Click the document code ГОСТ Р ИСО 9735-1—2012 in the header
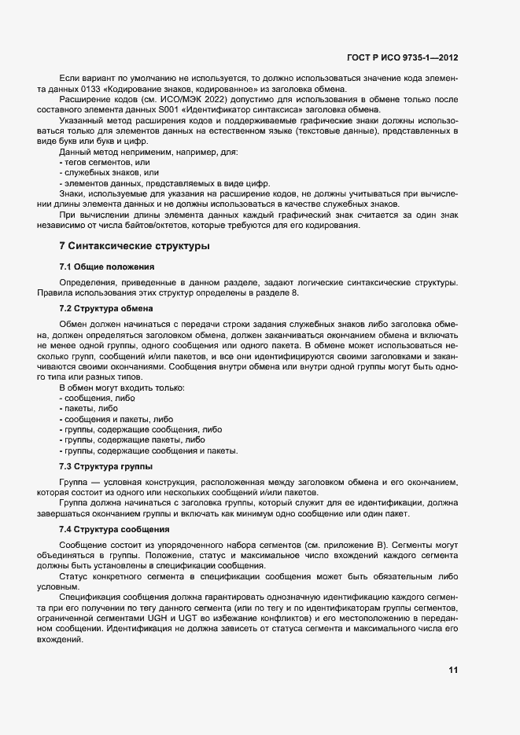402,57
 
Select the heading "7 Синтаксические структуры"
135,246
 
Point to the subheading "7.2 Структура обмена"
105,307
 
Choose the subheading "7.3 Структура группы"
105,466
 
